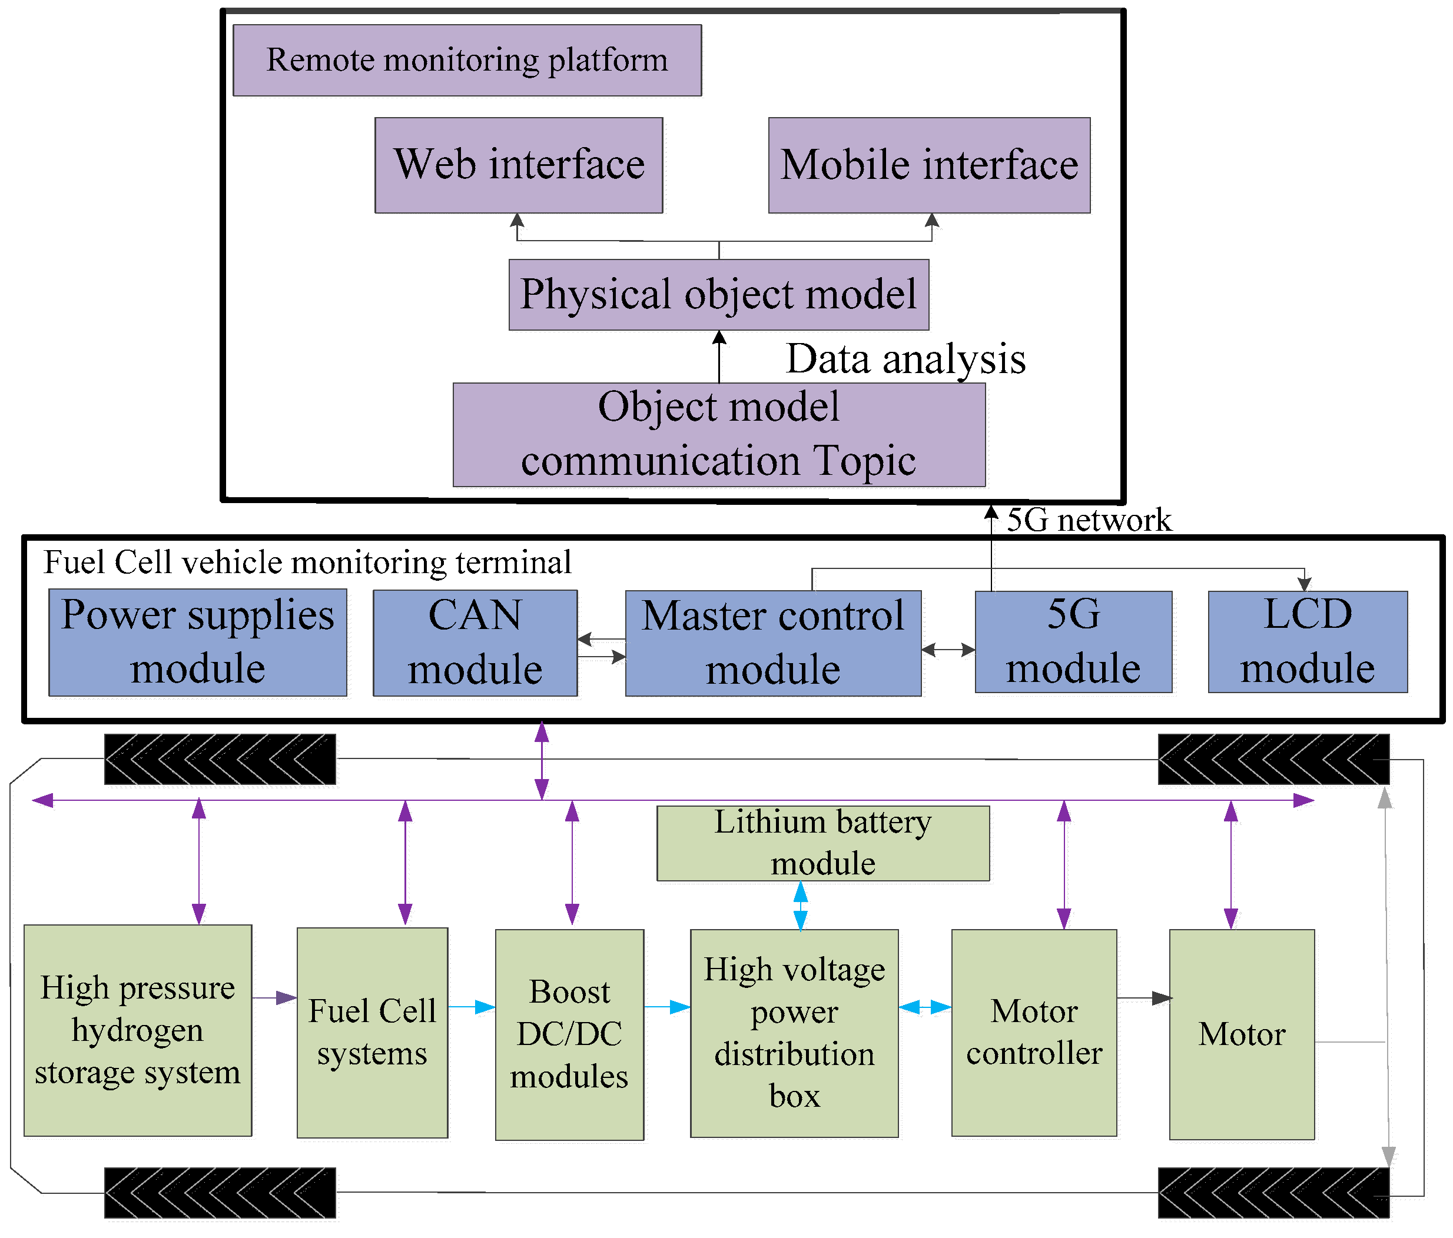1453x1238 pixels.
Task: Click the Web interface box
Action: pos(518,165)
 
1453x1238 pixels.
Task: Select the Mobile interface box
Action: pos(928,165)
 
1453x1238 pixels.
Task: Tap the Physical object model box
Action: pos(718,294)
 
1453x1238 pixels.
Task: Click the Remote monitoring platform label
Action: pos(467,60)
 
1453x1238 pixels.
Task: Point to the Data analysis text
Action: pos(905,359)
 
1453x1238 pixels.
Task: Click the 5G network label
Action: pos(1089,520)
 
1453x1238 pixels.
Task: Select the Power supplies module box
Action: pos(197,642)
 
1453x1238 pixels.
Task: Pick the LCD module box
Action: pos(1307,641)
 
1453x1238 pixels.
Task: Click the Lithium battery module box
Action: pos(822,843)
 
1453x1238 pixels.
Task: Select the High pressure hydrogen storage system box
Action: pos(137,1030)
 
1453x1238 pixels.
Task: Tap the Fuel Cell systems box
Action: pos(371,1032)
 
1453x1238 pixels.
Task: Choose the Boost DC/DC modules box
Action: pos(569,1034)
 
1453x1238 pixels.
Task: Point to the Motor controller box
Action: pos(1034,1032)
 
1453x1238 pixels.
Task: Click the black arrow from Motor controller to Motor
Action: pos(1143,997)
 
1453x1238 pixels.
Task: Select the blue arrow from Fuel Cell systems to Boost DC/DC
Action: pos(471,1007)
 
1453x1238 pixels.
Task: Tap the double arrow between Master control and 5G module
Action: pos(948,650)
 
